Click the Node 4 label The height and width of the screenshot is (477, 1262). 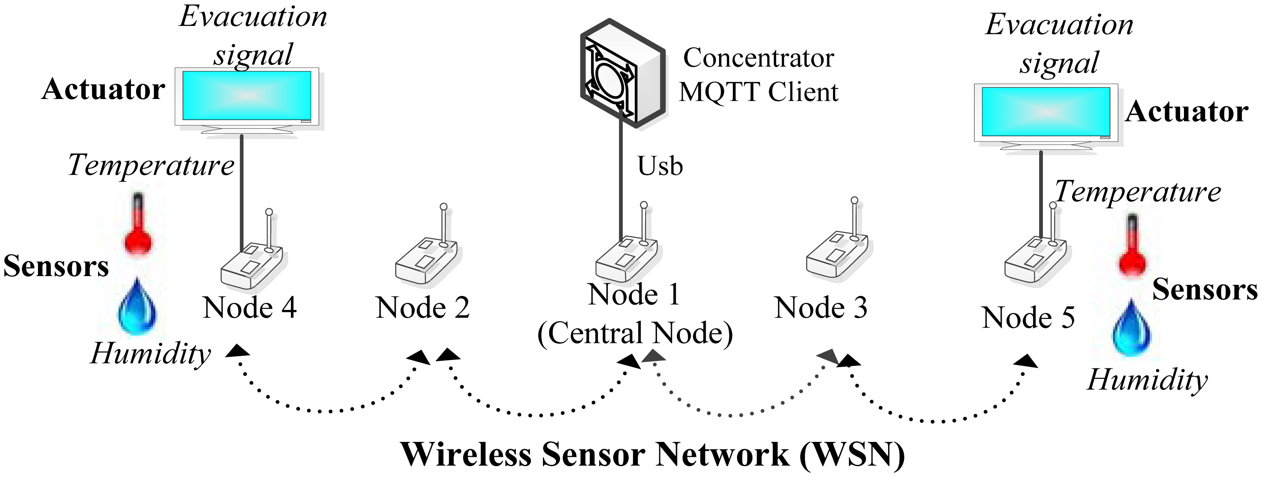(250, 308)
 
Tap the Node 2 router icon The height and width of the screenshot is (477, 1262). (426, 260)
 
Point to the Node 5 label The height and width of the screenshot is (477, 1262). (1028, 318)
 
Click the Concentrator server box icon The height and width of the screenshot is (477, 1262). (622, 74)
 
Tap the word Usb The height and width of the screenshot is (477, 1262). (659, 166)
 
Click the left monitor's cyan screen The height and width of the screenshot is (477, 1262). (247, 95)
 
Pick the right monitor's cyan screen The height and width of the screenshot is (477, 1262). (1045, 112)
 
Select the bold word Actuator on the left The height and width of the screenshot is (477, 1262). (103, 90)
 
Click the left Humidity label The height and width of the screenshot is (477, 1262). (150, 353)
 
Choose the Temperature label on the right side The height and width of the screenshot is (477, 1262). (1138, 192)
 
